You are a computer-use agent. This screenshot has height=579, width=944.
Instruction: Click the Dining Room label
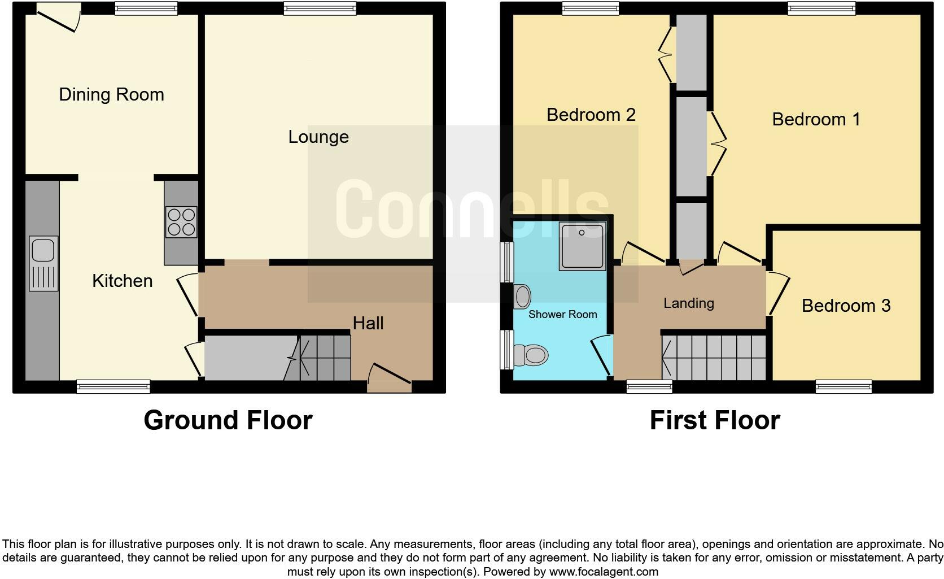tap(111, 94)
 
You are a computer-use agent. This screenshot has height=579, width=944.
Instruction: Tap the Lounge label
tap(318, 137)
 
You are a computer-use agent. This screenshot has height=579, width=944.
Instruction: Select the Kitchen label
tap(123, 281)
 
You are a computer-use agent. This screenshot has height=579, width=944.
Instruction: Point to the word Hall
tap(368, 323)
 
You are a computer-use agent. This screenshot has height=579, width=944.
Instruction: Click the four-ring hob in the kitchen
tap(181, 222)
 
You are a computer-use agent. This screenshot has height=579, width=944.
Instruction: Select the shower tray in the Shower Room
tap(582, 246)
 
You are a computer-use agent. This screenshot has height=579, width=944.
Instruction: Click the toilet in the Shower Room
tap(532, 355)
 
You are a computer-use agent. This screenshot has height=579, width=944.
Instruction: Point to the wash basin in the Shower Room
tap(523, 296)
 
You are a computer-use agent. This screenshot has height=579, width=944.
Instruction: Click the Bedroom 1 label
tap(816, 119)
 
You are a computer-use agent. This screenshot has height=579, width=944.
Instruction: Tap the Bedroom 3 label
tap(846, 306)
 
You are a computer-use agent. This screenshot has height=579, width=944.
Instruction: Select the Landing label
tap(689, 303)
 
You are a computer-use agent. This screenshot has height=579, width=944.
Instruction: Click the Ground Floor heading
tap(228, 420)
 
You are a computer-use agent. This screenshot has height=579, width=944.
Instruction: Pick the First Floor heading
tap(715, 420)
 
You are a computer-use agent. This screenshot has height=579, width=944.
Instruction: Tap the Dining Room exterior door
tap(59, 17)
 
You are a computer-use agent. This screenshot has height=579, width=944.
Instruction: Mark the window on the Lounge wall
tap(320, 8)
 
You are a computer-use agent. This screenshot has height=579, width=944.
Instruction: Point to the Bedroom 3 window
tap(844, 386)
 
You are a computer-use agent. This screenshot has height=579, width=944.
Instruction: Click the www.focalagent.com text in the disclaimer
tap(604, 572)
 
